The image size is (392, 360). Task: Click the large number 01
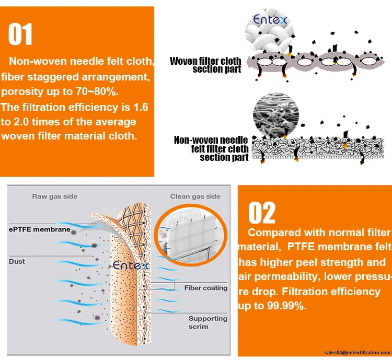21,35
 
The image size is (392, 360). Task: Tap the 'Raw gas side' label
55,196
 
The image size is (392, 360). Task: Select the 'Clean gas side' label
195,196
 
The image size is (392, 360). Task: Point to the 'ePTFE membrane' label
39,229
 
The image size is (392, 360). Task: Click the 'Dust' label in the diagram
17,261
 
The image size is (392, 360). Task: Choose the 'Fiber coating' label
205,288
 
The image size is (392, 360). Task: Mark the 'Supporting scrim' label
207,322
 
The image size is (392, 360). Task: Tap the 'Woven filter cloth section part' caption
205,65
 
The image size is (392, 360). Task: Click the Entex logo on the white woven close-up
268,20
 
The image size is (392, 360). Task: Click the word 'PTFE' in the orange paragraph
303,247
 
